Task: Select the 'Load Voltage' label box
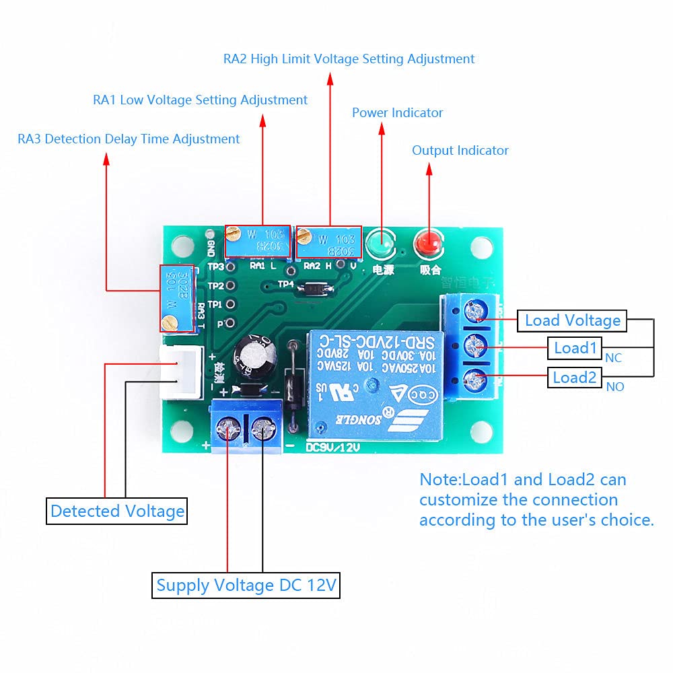click(x=572, y=320)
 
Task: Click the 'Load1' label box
click(x=575, y=348)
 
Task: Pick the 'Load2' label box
click(x=575, y=378)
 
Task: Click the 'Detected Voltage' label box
click(x=117, y=511)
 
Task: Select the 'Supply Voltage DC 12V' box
click(x=246, y=585)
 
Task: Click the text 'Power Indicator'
click(x=397, y=112)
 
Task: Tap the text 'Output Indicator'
click(x=460, y=150)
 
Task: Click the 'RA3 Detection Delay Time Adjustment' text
click(x=129, y=139)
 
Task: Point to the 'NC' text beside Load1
click(x=613, y=358)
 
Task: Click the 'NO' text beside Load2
click(x=614, y=387)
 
